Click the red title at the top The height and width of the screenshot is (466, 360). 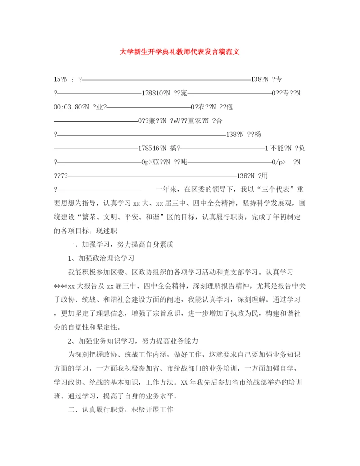tap(180, 52)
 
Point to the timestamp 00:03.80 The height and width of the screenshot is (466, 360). tap(68, 107)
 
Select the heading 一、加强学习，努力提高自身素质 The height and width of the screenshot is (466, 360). tap(121, 244)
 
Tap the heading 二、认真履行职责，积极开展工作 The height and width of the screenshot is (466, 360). tap(121, 410)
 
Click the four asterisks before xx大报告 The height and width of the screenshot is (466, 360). tap(60, 286)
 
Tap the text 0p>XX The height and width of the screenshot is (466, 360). tap(151, 162)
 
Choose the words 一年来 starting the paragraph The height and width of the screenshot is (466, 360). tap(167, 189)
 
